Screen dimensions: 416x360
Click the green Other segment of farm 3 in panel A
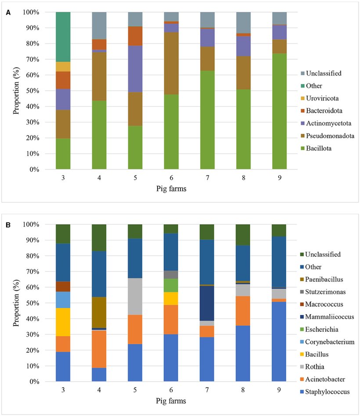[63, 36]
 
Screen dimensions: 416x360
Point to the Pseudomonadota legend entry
[326, 136]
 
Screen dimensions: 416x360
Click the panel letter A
[8, 13]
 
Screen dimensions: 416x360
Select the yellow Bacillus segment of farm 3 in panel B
[63, 322]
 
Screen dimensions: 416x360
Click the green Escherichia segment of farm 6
[171, 285]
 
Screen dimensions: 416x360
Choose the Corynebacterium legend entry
[326, 342]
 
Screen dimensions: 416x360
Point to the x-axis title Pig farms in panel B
[171, 401]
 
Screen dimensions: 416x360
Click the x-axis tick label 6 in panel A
[171, 178]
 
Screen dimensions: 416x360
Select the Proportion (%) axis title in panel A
[16, 91]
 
